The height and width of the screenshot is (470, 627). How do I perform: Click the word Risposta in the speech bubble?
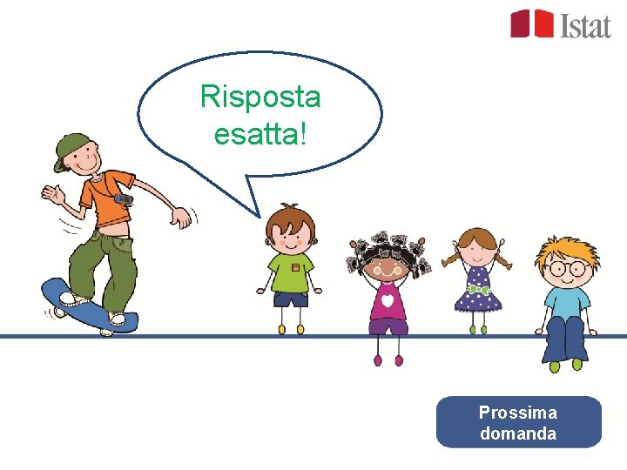[x=260, y=97]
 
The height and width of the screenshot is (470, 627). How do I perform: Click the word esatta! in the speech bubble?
[x=260, y=132]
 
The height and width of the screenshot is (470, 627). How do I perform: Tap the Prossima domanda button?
[x=518, y=422]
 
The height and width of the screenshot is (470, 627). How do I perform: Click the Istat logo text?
[x=585, y=25]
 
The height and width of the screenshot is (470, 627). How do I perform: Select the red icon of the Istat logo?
[x=532, y=23]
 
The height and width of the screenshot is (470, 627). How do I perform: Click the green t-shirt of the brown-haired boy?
[x=291, y=269]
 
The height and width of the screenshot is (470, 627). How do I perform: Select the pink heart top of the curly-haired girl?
[x=387, y=299]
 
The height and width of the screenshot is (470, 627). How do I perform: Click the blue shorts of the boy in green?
[x=291, y=299]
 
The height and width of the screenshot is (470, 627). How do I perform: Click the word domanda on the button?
[x=518, y=433]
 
